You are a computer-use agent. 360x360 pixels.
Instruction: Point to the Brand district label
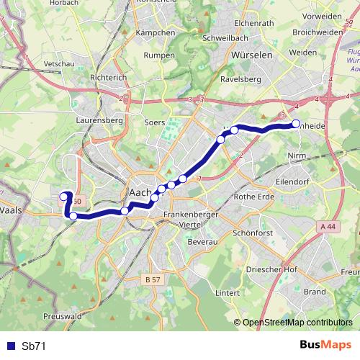coord(315,292)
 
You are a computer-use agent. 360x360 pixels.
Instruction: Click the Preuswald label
coord(61,315)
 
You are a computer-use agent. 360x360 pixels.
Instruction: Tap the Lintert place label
coord(227,293)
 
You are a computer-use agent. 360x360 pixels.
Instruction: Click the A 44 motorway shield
coord(326,226)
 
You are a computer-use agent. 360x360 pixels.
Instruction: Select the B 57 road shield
coord(152,279)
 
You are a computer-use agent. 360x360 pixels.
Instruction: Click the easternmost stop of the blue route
coord(295,125)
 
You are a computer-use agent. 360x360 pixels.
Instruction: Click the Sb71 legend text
coord(33,346)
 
